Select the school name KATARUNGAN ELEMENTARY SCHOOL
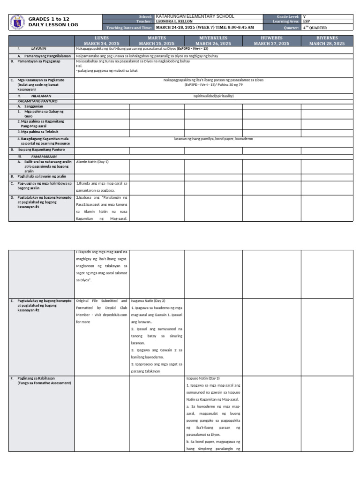195,16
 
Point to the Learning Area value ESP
307,22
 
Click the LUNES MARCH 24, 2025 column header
102,40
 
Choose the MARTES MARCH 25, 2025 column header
157,40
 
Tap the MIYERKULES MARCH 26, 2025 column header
213,40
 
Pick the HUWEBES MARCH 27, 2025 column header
271,40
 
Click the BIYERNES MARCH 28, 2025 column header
327,40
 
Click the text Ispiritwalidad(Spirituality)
213,96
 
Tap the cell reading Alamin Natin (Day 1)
92,161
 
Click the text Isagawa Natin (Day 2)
148,300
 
